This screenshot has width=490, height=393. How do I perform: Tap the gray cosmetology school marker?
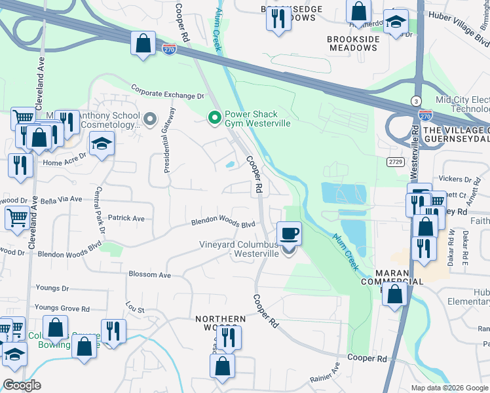pyautogui.click(x=150, y=119)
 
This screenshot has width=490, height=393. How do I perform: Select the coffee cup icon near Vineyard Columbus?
pyautogui.click(x=289, y=233)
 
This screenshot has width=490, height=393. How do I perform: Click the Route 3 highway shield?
pyautogui.click(x=416, y=100)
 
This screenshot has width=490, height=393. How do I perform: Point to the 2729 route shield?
pyautogui.click(x=394, y=161)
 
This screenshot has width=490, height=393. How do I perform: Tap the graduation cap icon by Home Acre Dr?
pyautogui.click(x=102, y=143)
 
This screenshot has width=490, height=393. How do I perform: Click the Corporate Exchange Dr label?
pyautogui.click(x=167, y=91)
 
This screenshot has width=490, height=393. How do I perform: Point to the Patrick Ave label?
pyautogui.click(x=126, y=218)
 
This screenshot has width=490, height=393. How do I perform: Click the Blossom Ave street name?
pyautogui.click(x=149, y=275)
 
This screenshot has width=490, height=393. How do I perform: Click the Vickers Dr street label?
pyautogui.click(x=455, y=179)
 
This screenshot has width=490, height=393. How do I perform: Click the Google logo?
pyautogui.click(x=22, y=385)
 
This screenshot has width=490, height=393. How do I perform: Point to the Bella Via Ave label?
pyautogui.click(x=61, y=198)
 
